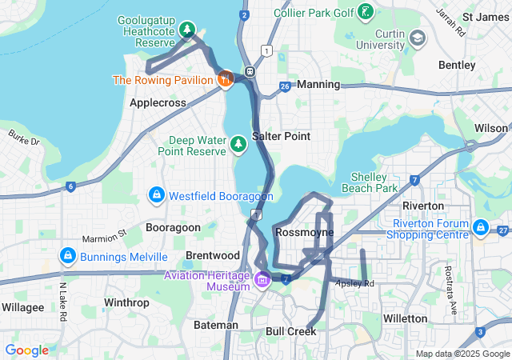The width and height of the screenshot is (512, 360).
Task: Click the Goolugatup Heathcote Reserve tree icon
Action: coord(186,30)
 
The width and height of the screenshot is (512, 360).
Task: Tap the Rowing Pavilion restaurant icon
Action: coord(226,78)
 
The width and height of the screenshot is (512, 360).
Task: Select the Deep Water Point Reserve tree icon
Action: coord(238,144)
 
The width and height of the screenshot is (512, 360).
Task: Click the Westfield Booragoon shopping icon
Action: coord(157,195)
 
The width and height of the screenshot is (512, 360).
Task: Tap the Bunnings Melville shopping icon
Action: coord(68,256)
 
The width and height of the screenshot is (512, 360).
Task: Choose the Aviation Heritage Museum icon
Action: coord(263,280)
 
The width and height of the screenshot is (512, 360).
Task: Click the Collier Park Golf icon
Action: coord(365,12)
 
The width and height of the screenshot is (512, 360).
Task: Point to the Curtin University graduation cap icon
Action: coord(417,38)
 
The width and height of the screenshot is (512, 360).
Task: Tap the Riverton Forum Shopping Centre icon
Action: coord(481,228)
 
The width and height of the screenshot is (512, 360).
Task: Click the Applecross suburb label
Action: coord(158,102)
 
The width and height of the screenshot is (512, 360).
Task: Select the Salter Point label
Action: coord(281,136)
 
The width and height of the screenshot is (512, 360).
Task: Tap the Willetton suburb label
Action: coord(406,318)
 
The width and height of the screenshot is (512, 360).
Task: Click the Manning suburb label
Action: coord(318,83)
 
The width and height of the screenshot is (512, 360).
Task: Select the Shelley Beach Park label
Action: coord(374,182)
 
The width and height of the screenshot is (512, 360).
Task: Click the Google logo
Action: coord(27,350)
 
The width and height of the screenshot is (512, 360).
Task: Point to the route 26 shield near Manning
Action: coord(285,86)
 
